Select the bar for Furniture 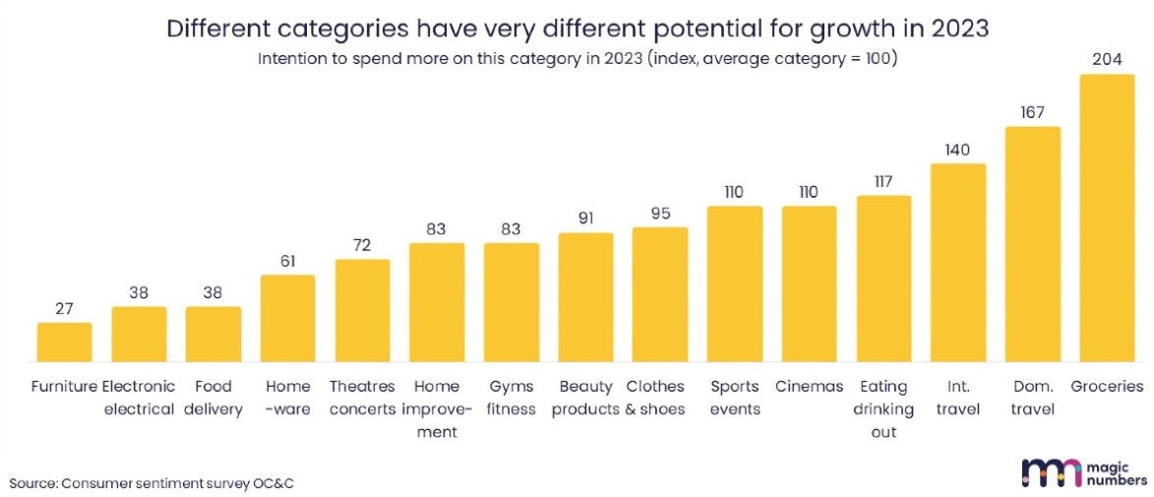[64, 342]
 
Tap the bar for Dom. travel [1032, 245]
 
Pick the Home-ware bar [287, 319]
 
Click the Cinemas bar [809, 284]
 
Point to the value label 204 [1107, 59]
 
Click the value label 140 [957, 150]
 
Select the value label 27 [64, 308]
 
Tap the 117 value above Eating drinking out [883, 181]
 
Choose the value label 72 [362, 245]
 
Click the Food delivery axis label [213, 398]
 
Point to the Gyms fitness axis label [511, 398]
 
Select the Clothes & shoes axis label [655, 398]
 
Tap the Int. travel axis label [957, 398]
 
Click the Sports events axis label [734, 398]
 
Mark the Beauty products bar [585, 298]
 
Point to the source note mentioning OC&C [152, 483]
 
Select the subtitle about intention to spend [577, 58]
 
